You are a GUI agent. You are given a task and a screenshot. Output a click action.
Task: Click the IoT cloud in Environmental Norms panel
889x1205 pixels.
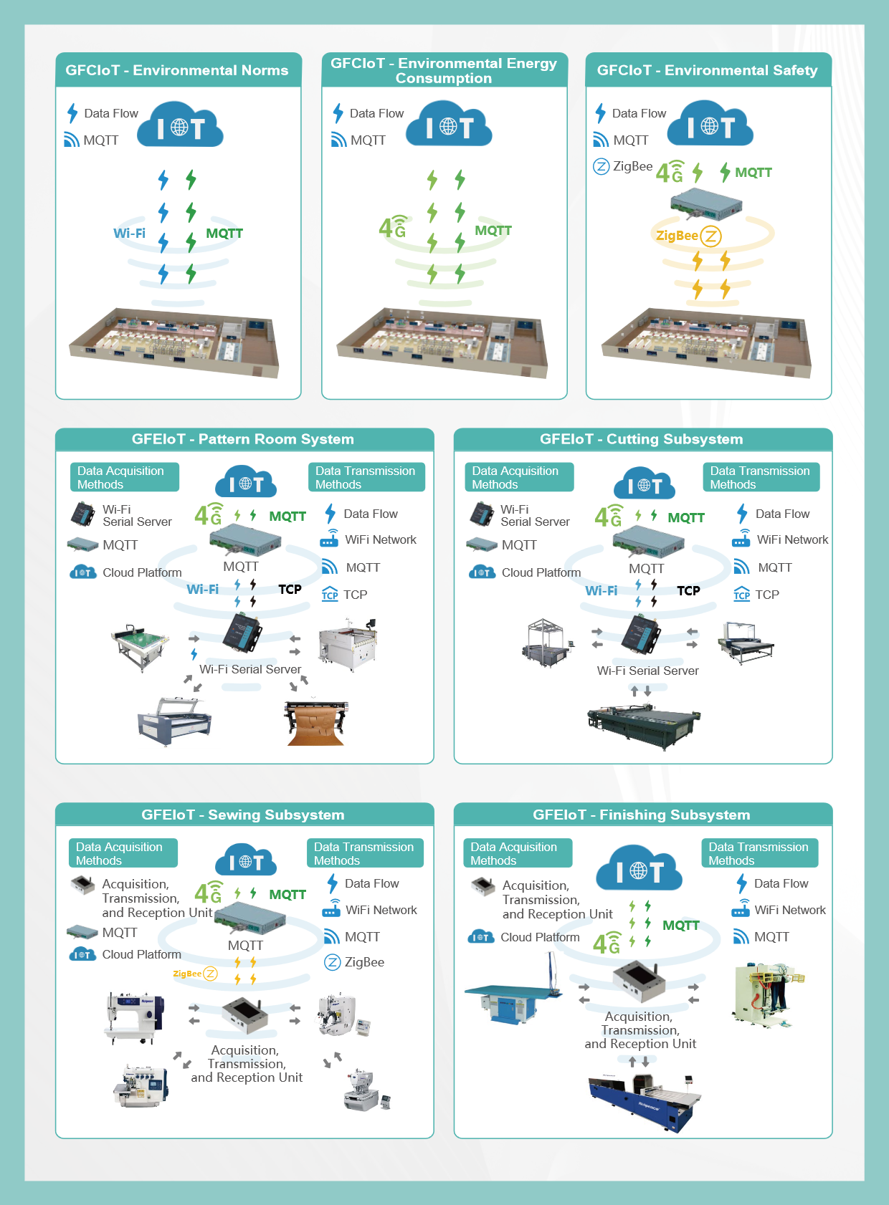click(x=180, y=126)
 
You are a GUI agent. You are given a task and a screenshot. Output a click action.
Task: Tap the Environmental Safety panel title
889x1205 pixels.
click(x=707, y=70)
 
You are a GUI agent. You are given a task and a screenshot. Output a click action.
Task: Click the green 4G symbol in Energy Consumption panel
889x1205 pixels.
click(x=393, y=227)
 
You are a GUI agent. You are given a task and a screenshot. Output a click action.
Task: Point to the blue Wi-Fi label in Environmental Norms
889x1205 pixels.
click(x=129, y=233)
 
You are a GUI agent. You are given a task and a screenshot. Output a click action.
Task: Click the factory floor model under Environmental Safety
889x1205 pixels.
click(x=707, y=342)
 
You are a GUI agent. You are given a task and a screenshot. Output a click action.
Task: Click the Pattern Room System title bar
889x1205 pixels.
click(x=244, y=439)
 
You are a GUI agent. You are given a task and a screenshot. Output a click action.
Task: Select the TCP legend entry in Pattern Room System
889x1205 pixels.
click(x=345, y=595)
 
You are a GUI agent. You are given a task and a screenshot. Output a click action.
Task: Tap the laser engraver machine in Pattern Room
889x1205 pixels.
click(x=174, y=720)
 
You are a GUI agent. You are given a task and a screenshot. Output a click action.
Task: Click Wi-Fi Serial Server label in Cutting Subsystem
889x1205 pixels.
click(x=648, y=671)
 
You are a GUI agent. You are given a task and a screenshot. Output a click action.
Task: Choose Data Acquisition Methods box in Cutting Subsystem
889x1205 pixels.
click(x=519, y=477)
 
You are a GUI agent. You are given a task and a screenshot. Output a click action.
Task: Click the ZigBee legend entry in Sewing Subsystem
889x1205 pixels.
click(x=355, y=962)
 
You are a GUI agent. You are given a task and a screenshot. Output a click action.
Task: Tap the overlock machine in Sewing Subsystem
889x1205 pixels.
click(x=140, y=1085)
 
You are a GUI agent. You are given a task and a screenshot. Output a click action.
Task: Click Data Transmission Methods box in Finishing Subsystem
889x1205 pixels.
click(x=759, y=853)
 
